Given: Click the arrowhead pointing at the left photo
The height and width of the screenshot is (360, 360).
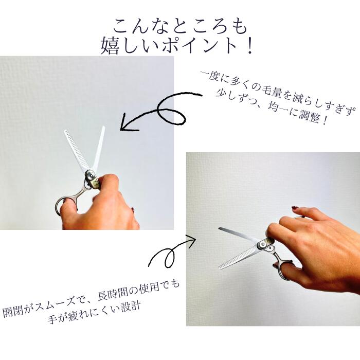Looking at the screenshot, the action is (129, 123).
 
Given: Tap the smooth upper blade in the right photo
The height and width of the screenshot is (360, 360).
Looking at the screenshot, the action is (239, 234).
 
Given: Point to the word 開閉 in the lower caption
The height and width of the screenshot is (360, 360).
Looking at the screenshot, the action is (13, 311).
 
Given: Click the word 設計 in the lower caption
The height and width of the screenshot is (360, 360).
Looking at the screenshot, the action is (131, 306).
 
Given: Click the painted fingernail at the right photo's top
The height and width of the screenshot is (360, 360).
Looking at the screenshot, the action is (295, 208).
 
